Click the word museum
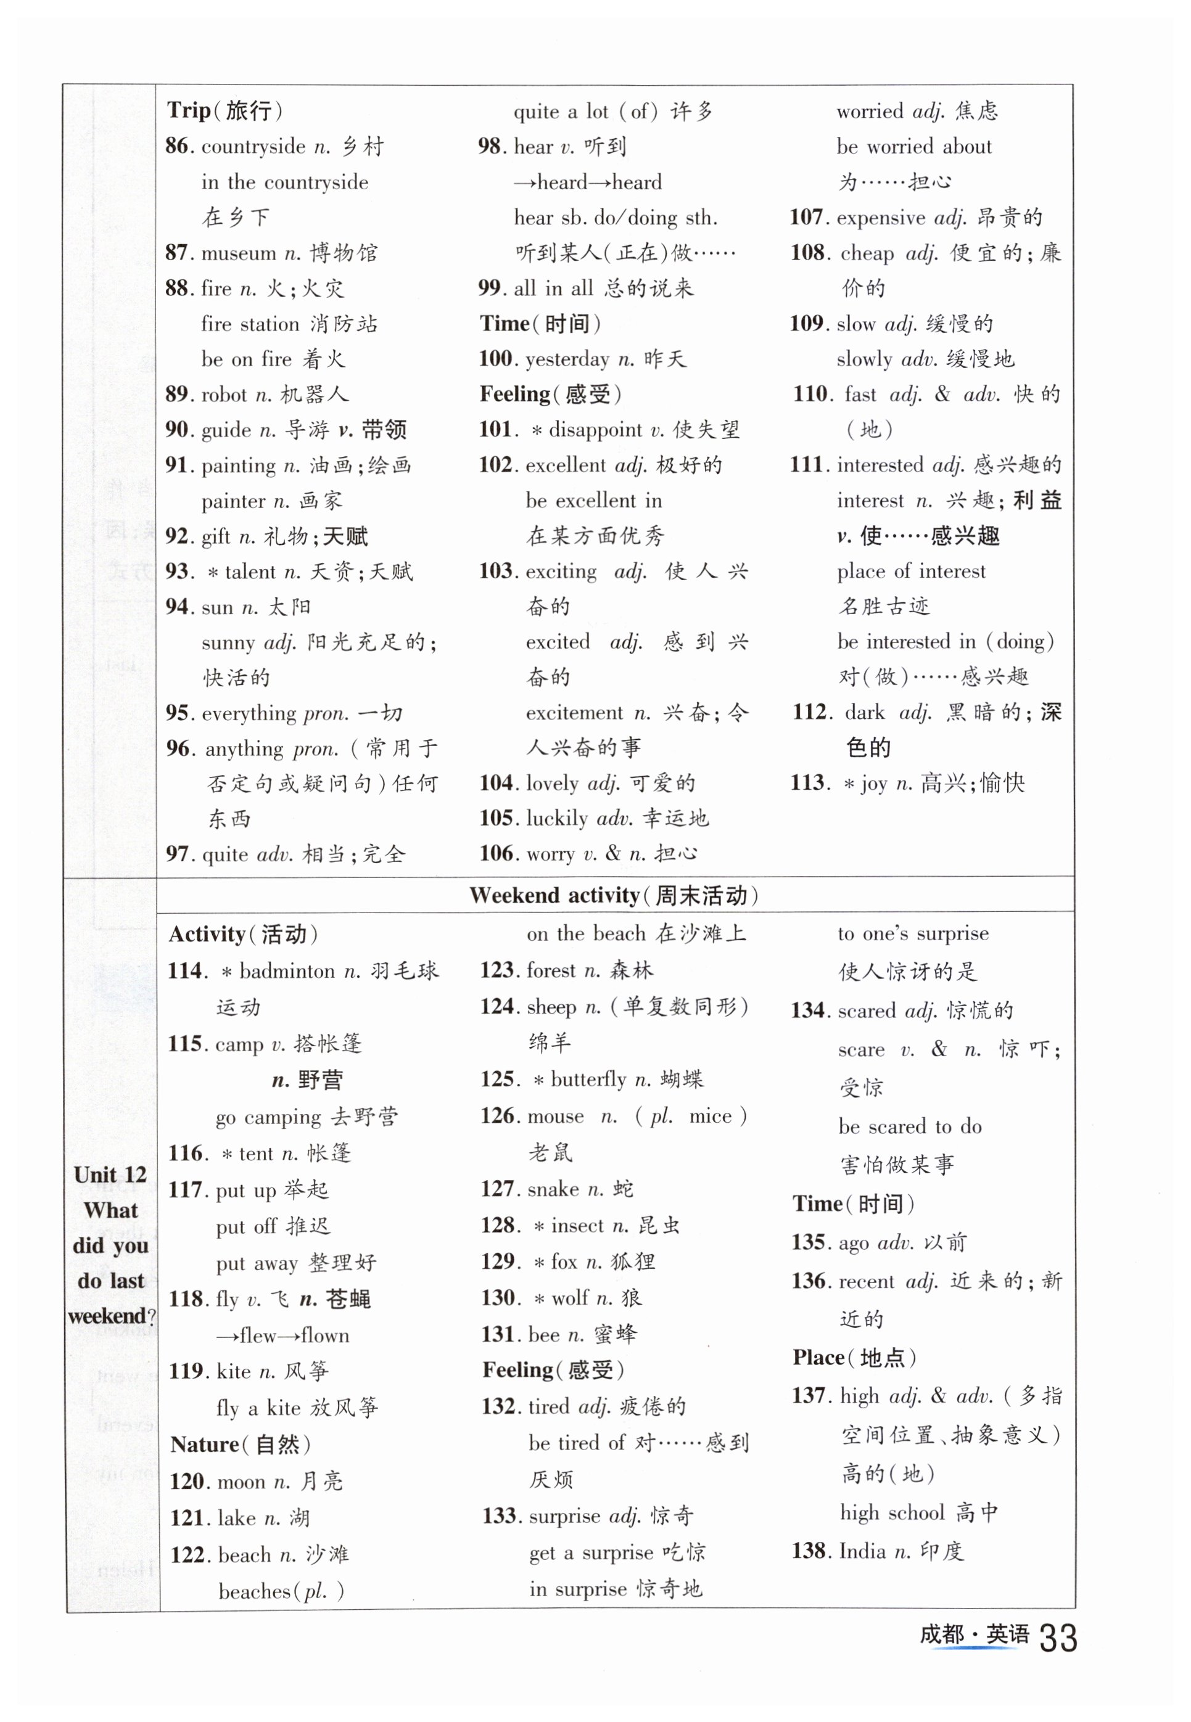[x=239, y=253]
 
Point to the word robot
[x=224, y=395]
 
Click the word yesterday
[x=567, y=360]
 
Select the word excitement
[x=575, y=713]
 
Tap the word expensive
[x=881, y=218]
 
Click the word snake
[x=554, y=1189]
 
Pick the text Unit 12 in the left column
[x=110, y=1175]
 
